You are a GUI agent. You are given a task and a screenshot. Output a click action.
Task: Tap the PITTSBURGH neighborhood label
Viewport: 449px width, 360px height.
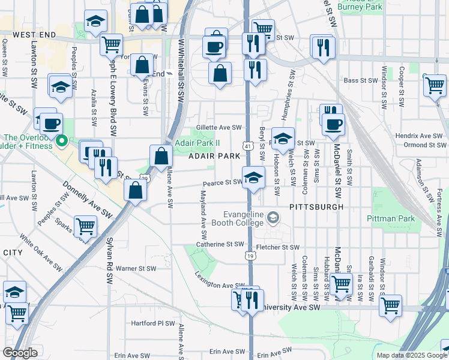(x=316, y=206)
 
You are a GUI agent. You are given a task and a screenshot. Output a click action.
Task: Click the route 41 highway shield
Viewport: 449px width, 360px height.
(x=247, y=146)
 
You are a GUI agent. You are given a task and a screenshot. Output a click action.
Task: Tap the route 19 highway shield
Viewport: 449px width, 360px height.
(x=249, y=255)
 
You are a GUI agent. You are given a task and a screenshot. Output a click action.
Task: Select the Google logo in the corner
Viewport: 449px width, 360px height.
(x=20, y=353)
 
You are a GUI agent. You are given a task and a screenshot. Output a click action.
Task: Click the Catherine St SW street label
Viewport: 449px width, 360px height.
(x=220, y=244)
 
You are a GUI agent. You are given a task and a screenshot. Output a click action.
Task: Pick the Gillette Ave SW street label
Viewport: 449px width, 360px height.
(x=219, y=127)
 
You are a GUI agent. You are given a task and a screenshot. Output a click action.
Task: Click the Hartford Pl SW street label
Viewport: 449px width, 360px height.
(x=152, y=323)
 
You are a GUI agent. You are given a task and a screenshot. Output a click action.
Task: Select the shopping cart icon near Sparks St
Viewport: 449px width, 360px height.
(x=86, y=227)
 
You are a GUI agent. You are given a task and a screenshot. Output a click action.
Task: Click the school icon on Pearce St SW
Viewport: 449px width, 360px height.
(x=253, y=177)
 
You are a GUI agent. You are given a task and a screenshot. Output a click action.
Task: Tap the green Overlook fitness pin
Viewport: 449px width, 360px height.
(x=61, y=142)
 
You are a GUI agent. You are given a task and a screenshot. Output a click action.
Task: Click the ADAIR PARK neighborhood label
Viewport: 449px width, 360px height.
(x=214, y=156)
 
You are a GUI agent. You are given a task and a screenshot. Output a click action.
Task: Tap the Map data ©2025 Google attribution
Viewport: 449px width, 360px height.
(x=411, y=355)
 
